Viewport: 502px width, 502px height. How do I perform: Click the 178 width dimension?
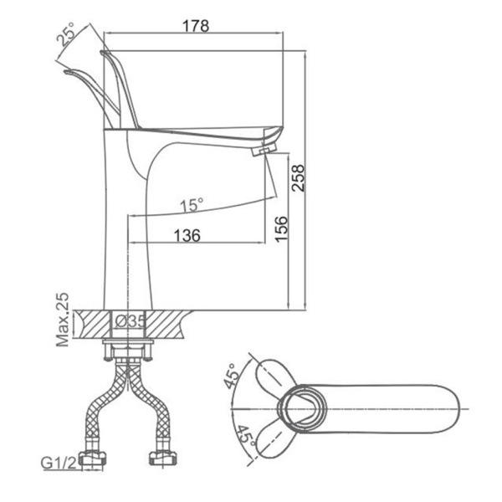coord(196,25)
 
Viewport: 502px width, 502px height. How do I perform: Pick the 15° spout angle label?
coord(192,203)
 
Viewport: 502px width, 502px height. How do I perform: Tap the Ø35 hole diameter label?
coord(131,320)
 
